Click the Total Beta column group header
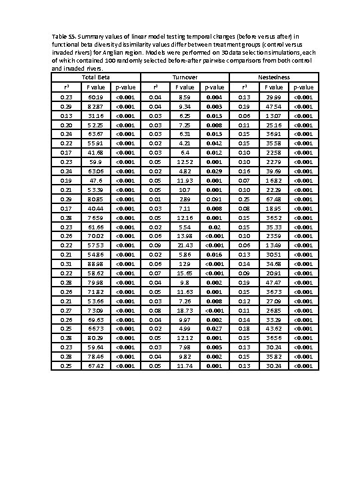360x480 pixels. pyautogui.click(x=95, y=77)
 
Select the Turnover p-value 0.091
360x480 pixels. pyautogui.click(x=214, y=199)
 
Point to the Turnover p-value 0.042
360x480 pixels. pyautogui.click(x=214, y=143)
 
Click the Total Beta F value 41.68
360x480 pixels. pyautogui.click(x=95, y=152)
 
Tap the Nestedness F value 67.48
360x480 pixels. pyautogui.click(x=274, y=199)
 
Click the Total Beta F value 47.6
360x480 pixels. pyautogui.click(x=95, y=180)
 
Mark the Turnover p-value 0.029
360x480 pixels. pyautogui.click(x=214, y=171)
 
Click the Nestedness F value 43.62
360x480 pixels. pyautogui.click(x=274, y=329)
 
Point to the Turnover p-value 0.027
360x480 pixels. pyautogui.click(x=214, y=329)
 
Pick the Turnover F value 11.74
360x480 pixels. pyautogui.click(x=185, y=365)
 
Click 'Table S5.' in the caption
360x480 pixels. pyautogui.click(x=63, y=35)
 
